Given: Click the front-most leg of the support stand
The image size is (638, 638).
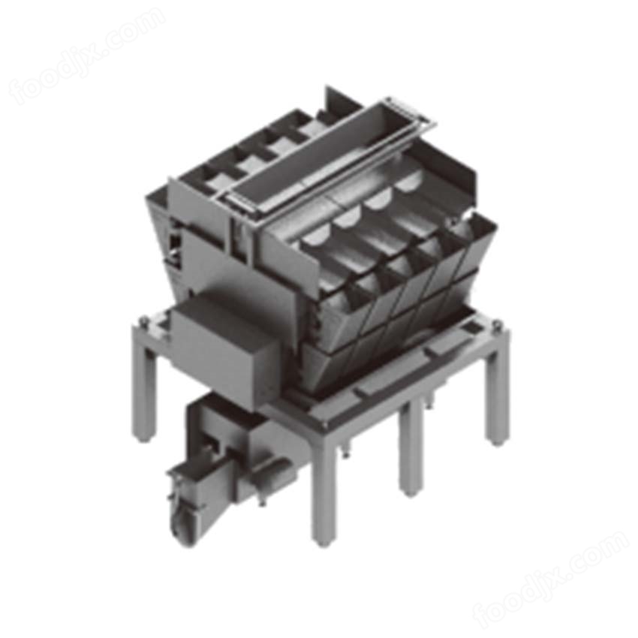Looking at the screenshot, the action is (x=324, y=489).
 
